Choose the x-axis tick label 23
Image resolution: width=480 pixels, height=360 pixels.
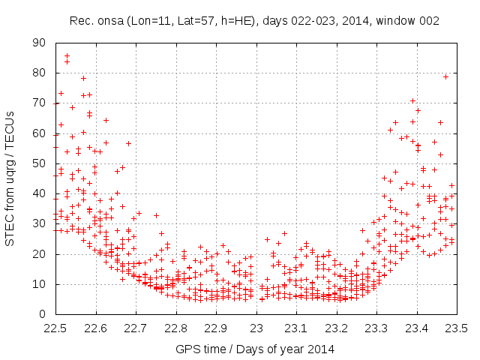[256, 328]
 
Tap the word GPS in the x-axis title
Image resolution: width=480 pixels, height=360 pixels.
[187, 349]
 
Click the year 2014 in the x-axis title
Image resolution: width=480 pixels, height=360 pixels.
[322, 349]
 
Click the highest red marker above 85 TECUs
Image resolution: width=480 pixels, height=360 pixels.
[67, 55]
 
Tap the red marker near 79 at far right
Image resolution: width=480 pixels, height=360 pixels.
[445, 76]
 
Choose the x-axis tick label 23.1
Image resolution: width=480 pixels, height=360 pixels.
[296, 328]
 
